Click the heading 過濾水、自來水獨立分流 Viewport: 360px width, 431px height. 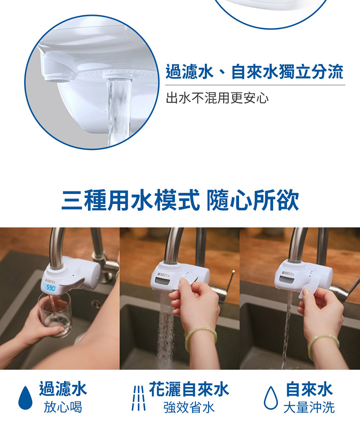254,73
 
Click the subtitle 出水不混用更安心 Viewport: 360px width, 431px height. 217,98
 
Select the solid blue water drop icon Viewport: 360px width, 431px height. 25,398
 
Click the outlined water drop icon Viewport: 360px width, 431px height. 270,398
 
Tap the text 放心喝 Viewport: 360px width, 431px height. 63,408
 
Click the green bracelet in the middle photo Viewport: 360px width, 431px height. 201,335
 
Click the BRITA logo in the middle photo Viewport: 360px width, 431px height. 163,274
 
